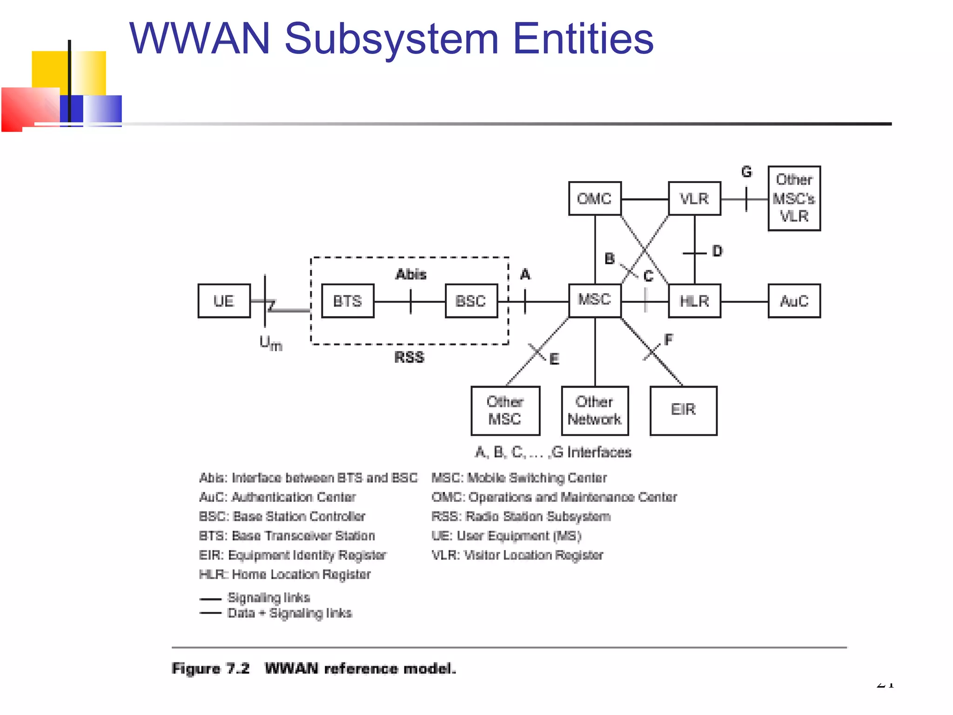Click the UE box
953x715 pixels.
click(x=224, y=301)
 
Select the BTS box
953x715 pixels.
click(x=348, y=301)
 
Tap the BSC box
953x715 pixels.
click(x=471, y=301)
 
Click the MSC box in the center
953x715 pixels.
click(x=595, y=300)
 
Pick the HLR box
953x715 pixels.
click(x=694, y=301)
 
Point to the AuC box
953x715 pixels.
click(x=794, y=301)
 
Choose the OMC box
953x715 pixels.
click(x=595, y=199)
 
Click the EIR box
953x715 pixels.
click(x=683, y=410)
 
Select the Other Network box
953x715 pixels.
click(x=595, y=411)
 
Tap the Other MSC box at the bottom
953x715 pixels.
click(x=505, y=411)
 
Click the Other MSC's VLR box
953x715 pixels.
click(x=794, y=198)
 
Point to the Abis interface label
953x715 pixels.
click(x=411, y=274)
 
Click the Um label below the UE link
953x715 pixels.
click(x=271, y=344)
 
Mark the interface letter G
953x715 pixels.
click(x=746, y=172)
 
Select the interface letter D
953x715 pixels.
click(x=717, y=251)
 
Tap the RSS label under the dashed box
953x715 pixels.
click(x=409, y=357)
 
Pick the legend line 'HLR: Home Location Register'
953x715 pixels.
click(x=285, y=574)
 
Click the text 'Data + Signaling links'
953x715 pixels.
click(x=289, y=613)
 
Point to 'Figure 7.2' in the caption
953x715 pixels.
click(x=211, y=668)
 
